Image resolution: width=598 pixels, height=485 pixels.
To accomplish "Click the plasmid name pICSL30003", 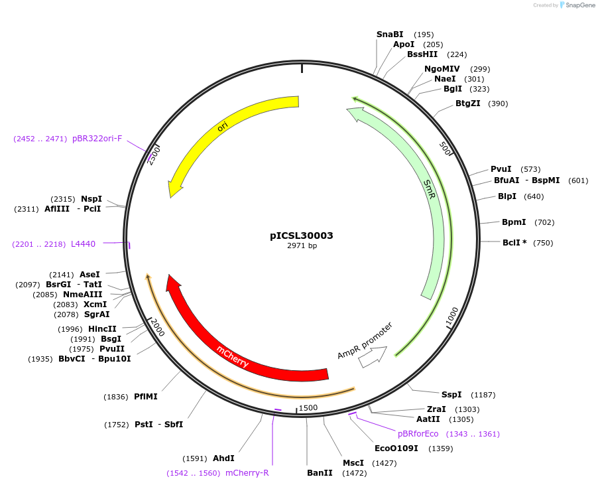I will (x=302, y=236).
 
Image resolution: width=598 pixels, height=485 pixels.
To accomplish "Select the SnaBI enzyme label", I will (x=390, y=35).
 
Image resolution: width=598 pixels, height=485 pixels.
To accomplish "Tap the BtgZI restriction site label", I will (x=468, y=104).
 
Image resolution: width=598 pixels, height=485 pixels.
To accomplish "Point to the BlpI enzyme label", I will (x=507, y=196).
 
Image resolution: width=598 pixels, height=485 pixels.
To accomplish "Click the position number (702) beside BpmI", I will (x=544, y=222).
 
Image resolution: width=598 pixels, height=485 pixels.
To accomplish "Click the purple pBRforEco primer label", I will (x=418, y=434).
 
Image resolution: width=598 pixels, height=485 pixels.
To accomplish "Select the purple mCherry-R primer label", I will (x=247, y=473).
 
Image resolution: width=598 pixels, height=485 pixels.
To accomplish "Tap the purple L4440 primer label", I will (x=83, y=244).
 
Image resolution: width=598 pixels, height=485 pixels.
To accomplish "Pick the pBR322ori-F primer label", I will (x=97, y=139).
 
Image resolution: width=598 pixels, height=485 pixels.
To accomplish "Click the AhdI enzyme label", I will (x=223, y=458).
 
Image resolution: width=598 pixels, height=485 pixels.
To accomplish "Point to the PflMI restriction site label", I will (x=146, y=397).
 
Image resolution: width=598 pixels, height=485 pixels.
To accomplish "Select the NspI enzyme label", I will (x=91, y=199).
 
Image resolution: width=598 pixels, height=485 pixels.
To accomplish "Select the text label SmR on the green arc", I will (x=430, y=190).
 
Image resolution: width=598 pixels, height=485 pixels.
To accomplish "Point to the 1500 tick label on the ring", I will (x=308, y=408).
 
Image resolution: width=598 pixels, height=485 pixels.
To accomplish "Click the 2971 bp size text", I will (x=302, y=246).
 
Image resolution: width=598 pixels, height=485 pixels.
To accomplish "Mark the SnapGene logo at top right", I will (x=578, y=5).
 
